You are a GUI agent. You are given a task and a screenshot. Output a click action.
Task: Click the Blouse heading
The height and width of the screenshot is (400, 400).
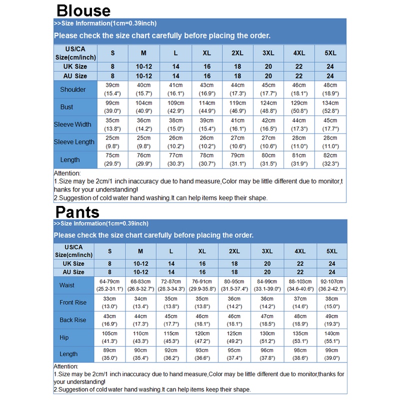(83, 10)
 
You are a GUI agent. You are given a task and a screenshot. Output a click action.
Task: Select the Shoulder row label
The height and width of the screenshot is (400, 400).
(73, 89)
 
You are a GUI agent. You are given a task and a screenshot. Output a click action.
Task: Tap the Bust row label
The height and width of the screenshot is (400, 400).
(66, 107)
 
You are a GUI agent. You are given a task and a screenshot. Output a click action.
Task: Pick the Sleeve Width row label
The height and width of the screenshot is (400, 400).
(73, 124)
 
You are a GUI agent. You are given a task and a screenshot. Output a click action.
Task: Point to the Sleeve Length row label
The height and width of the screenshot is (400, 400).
(74, 142)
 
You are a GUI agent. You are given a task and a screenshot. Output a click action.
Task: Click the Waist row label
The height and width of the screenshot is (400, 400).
(66, 285)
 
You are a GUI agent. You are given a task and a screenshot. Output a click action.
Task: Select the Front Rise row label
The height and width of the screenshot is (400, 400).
(73, 302)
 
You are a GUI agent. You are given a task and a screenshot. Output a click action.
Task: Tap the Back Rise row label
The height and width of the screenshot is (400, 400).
(73, 320)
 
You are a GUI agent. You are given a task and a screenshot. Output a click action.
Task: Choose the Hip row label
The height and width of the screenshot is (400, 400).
(64, 337)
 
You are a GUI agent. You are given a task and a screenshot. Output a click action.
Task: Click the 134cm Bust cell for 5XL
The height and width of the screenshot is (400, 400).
(330, 107)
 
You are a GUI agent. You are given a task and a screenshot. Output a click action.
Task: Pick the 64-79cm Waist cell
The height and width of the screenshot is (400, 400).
(109, 285)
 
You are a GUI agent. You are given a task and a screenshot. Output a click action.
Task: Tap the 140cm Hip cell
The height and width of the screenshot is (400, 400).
(331, 337)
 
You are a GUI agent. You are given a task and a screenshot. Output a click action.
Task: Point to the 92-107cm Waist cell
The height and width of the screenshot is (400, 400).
(331, 285)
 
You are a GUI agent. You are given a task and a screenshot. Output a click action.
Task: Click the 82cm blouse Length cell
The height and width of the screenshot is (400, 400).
(330, 159)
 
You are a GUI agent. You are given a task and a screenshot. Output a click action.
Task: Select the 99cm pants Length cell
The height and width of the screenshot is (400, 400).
(331, 354)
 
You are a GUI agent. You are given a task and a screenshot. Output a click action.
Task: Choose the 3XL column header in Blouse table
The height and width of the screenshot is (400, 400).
(268, 53)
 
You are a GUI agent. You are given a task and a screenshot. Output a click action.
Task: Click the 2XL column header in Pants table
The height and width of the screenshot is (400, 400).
(233, 251)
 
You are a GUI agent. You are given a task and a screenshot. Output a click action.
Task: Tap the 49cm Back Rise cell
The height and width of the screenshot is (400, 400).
(331, 320)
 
